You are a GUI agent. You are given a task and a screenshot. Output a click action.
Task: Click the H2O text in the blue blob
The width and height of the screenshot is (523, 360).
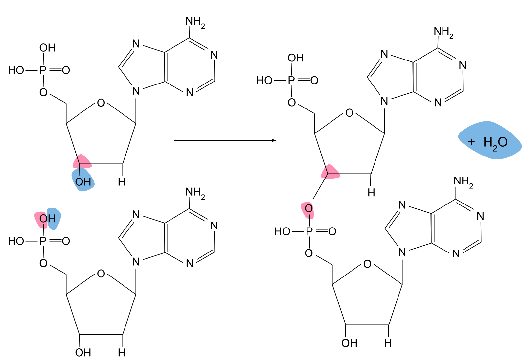[495, 143]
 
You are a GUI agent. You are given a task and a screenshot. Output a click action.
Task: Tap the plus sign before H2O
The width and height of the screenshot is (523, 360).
[471, 142]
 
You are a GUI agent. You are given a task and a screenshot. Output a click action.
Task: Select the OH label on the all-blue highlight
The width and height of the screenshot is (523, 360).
[83, 181]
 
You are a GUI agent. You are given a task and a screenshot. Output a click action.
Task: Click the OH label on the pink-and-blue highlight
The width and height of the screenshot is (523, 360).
[47, 219]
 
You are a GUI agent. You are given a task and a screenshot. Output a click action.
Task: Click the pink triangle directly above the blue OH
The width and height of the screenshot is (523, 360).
[82, 161]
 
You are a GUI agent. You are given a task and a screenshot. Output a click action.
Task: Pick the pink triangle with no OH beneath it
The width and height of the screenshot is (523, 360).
[330, 172]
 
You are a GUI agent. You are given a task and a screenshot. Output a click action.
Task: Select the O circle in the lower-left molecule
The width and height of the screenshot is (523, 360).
[101, 271]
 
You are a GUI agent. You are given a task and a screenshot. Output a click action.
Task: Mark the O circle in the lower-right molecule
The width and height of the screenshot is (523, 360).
[367, 261]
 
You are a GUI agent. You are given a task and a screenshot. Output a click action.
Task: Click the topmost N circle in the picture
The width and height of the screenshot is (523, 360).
[136, 43]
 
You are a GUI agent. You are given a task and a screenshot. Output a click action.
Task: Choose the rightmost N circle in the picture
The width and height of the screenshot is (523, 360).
[479, 215]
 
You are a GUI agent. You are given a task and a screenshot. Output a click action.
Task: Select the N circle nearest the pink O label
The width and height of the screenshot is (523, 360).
[402, 204]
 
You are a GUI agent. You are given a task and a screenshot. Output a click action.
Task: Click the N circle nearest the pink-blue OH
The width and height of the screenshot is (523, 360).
[136, 214]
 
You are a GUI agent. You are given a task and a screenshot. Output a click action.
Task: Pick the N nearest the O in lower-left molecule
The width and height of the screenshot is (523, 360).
[136, 262]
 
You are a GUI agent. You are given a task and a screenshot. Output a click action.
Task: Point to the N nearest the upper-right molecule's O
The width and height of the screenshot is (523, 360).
[384, 101]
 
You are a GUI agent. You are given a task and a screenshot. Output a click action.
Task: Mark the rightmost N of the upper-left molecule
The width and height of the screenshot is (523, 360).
[213, 54]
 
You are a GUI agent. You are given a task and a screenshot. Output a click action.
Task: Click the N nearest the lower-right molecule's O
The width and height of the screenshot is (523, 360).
[402, 252]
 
